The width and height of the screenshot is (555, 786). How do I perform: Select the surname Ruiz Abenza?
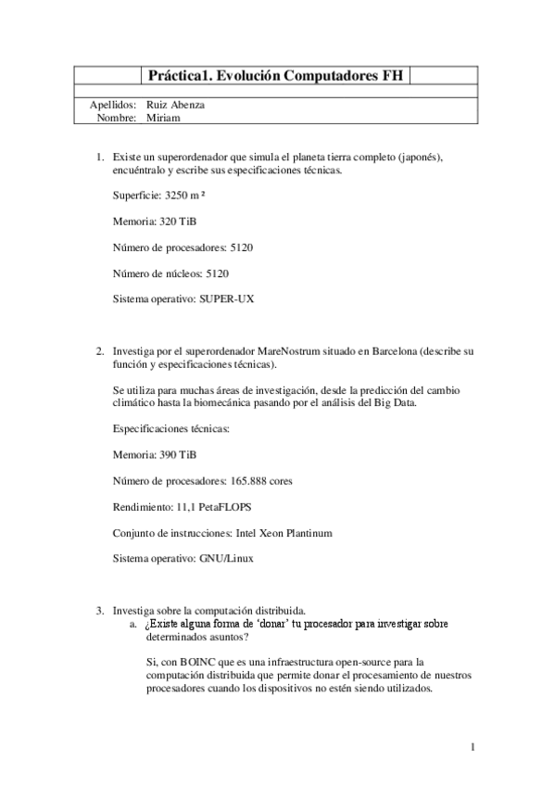coord(176,105)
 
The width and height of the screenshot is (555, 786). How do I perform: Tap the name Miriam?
coord(162,118)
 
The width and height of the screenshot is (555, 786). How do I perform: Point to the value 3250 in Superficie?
coord(176,196)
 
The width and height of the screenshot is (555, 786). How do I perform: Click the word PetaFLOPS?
coord(226,507)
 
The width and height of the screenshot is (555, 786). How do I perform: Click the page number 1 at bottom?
coord(472,747)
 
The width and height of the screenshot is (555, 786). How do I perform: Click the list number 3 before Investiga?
coord(100,610)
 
